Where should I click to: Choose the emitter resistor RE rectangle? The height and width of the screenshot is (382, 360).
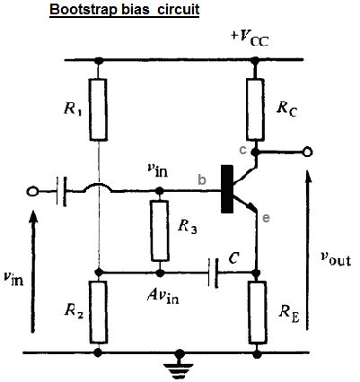pyautogui.click(x=257, y=311)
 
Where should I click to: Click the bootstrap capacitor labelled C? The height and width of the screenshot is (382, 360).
pyautogui.click(x=214, y=271)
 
